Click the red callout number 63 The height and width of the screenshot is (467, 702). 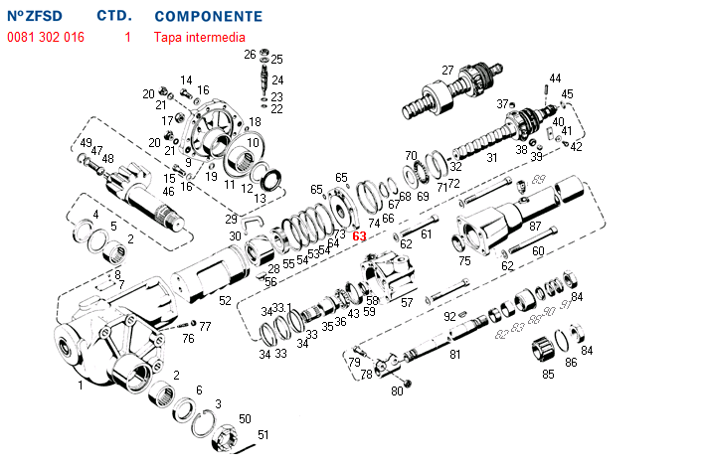pyautogui.click(x=360, y=236)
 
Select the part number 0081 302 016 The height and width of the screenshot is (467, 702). pyautogui.click(x=46, y=37)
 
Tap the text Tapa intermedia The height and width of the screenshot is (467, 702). pyautogui.click(x=200, y=37)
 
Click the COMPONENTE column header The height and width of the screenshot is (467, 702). pyautogui.click(x=209, y=17)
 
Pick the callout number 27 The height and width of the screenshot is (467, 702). pyautogui.click(x=447, y=70)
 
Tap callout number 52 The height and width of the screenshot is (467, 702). pyautogui.click(x=225, y=300)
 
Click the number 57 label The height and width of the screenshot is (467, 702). pyautogui.click(x=406, y=303)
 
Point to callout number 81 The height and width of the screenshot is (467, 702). pyautogui.click(x=454, y=353)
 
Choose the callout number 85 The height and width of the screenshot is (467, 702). pyautogui.click(x=548, y=375)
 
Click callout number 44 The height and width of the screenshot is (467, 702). pyautogui.click(x=555, y=78)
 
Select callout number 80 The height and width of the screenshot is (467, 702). pyautogui.click(x=397, y=391)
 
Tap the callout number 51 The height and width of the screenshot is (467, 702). pyautogui.click(x=263, y=435)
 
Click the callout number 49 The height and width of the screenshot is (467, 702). pyautogui.click(x=87, y=142)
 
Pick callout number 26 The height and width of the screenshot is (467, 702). pyautogui.click(x=251, y=56)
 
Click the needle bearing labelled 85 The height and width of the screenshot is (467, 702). pyautogui.click(x=544, y=351)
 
